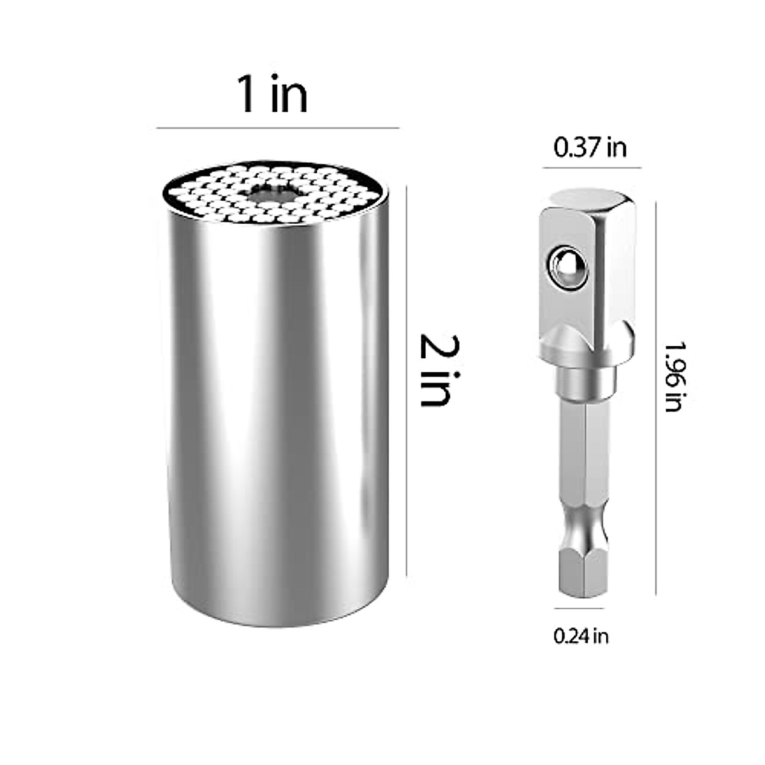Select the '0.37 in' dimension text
(x=590, y=148)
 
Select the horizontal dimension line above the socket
(x=277, y=128)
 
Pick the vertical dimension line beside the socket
(x=406, y=382)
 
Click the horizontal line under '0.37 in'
(x=592, y=168)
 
